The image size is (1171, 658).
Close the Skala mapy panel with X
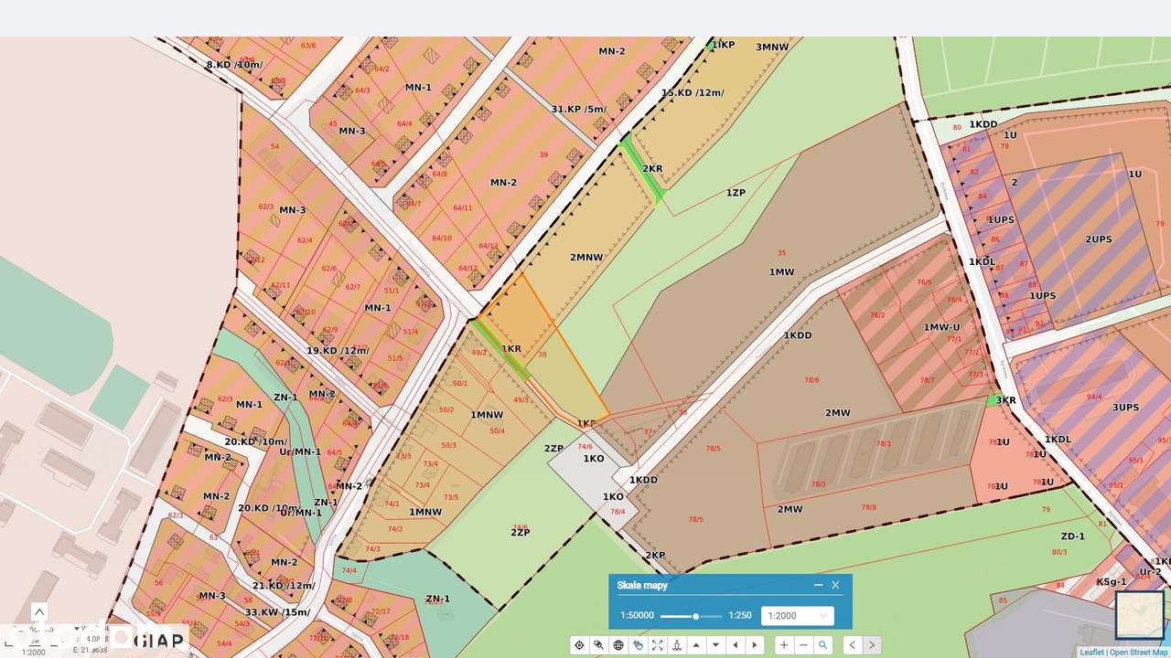click(835, 585)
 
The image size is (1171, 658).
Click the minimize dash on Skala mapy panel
click(818, 585)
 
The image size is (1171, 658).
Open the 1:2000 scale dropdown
click(797, 616)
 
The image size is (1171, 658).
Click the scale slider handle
click(695, 616)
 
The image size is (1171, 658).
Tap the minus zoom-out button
click(803, 645)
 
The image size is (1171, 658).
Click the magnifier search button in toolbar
click(823, 645)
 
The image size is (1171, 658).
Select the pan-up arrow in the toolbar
click(696, 645)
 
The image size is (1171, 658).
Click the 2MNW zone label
click(586, 257)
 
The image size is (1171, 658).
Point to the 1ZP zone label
click(736, 193)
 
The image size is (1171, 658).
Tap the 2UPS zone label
click(1098, 239)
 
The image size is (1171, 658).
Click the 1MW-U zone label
click(941, 327)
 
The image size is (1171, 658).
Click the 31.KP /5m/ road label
click(578, 110)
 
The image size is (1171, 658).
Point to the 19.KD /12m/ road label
click(338, 351)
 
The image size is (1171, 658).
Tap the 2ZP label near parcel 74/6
click(553, 449)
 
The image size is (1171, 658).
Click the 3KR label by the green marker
click(1005, 400)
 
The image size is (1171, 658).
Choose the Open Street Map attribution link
click(1138, 653)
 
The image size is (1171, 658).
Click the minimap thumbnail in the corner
click(1139, 614)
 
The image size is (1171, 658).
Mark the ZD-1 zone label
click(1072, 536)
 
